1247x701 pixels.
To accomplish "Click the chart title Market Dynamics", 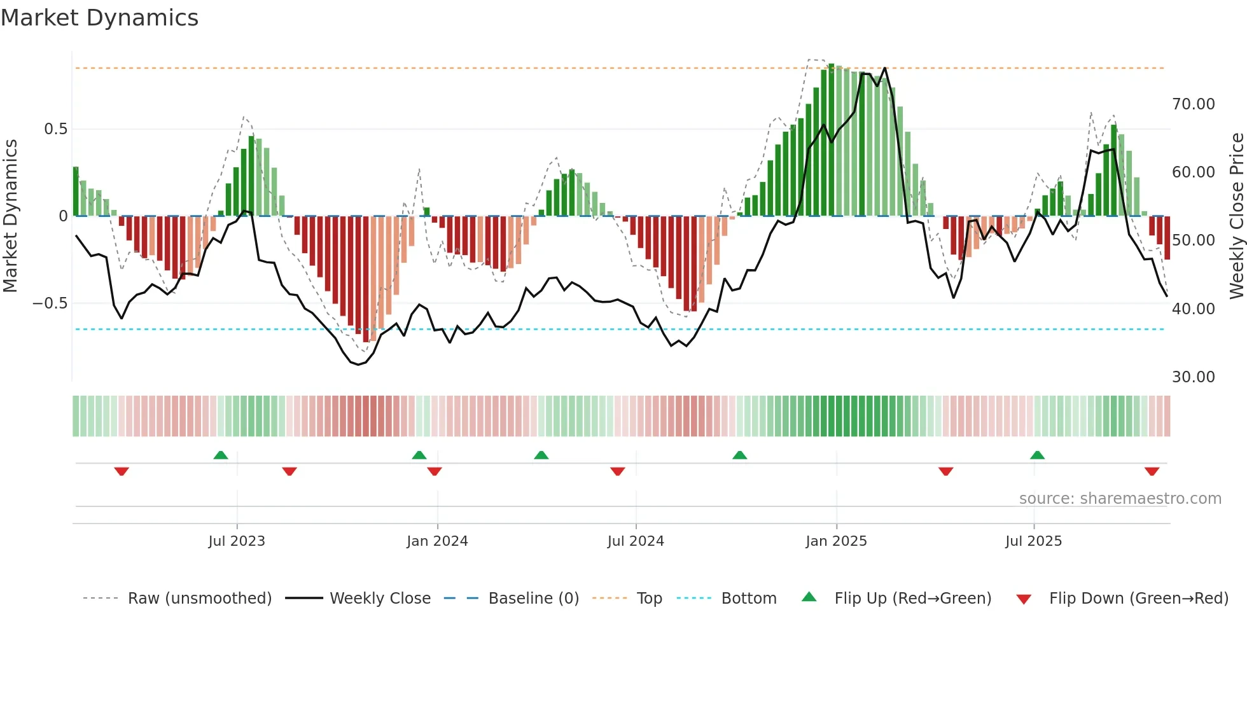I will (99, 18).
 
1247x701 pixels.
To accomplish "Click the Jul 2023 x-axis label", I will (236, 541).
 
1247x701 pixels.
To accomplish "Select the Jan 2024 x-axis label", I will (437, 541).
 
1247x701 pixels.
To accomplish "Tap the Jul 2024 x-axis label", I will (636, 541).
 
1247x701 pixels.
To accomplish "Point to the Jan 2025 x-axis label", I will (836, 541).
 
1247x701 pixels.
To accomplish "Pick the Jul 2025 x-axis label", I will (1033, 541).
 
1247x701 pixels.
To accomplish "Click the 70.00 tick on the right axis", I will (1193, 104).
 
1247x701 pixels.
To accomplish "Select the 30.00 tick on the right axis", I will (1193, 377).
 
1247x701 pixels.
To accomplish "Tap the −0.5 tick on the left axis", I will (50, 303).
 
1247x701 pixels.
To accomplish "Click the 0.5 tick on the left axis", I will (55, 129).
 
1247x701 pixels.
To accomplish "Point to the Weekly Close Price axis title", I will (1236, 216).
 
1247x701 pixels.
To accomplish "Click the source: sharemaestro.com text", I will (1120, 499).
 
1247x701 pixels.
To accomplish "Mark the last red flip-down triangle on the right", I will (1152, 471).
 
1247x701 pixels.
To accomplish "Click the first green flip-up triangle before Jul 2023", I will (220, 455).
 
